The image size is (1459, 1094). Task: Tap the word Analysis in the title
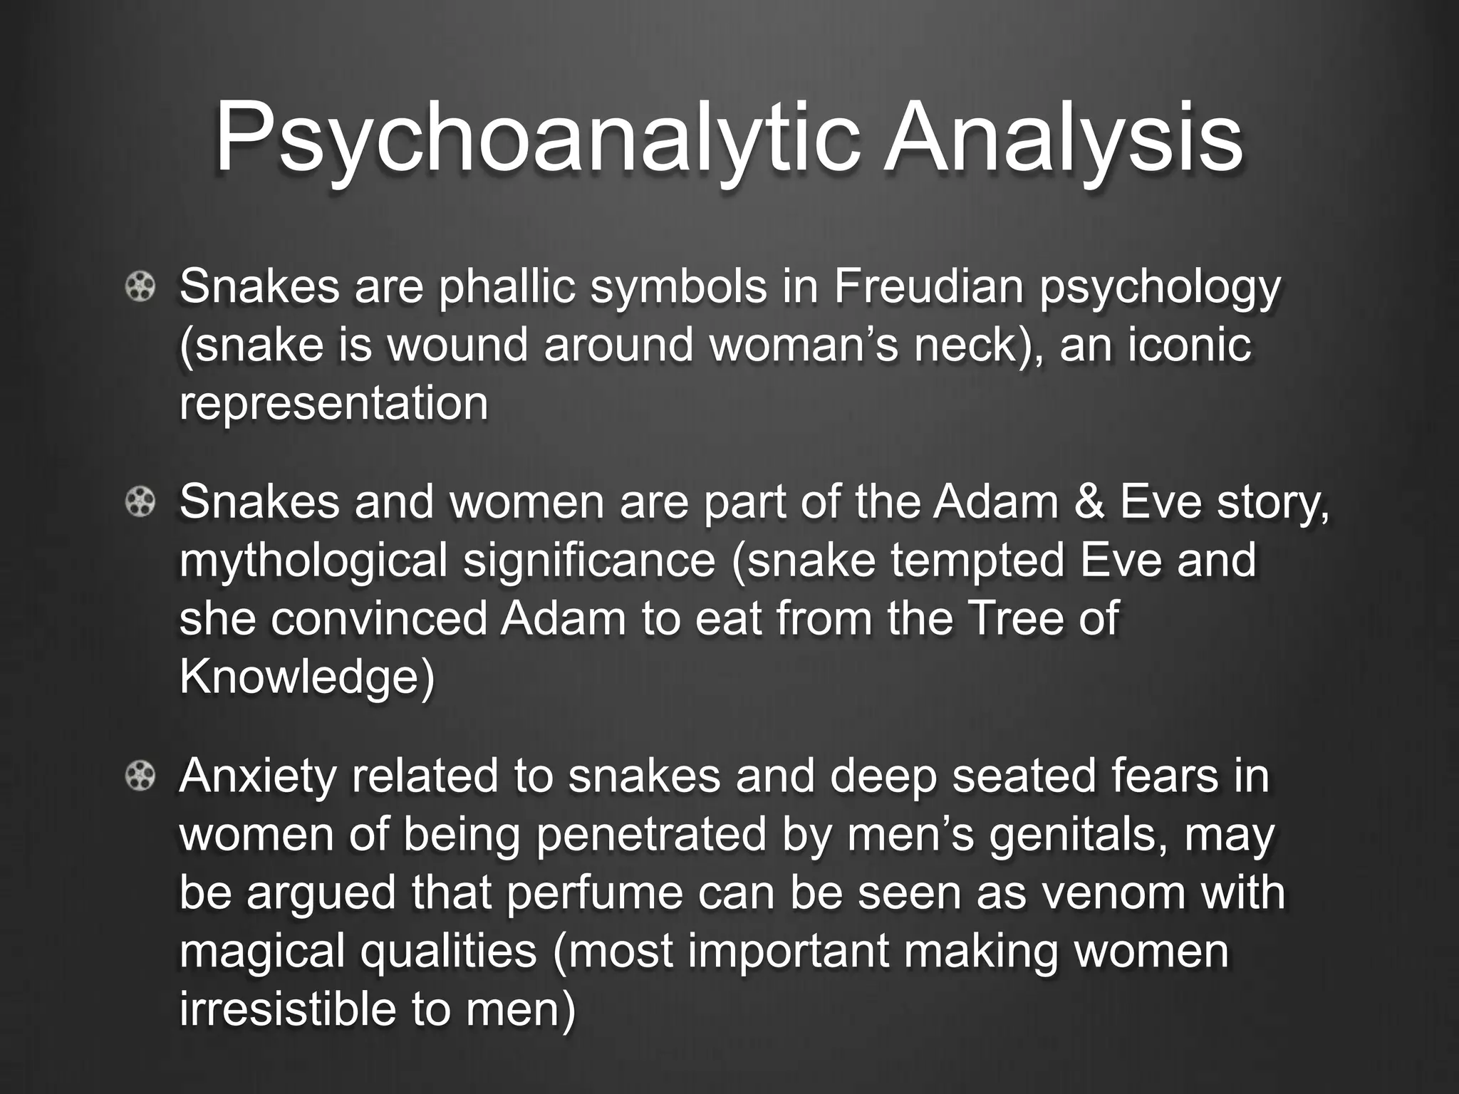pos(1062,139)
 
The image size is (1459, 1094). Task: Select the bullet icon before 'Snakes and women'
pos(140,503)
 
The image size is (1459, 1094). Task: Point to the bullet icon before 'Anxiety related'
pos(140,776)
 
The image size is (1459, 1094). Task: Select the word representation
pos(333,404)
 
